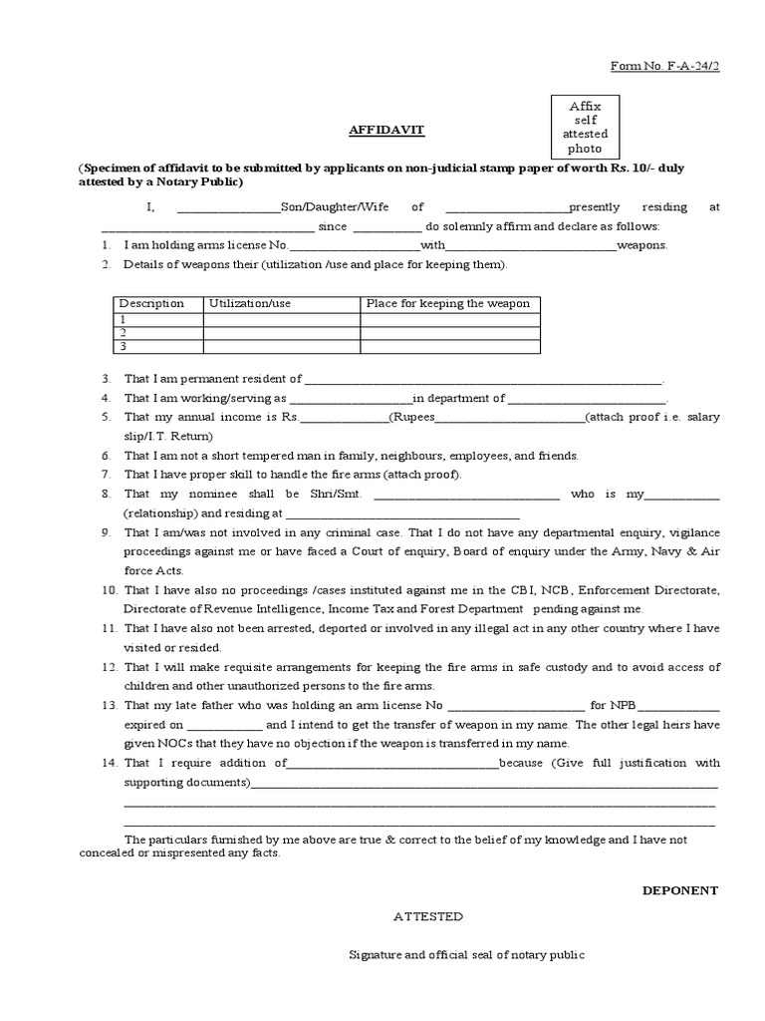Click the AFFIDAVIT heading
[379, 130]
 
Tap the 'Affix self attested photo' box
[585, 127]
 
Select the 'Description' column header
[151, 303]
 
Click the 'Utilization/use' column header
[250, 303]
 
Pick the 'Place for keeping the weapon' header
[448, 303]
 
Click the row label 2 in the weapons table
[123, 332]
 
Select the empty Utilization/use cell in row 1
[281, 319]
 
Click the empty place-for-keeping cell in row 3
[450, 346]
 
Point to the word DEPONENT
[679, 889]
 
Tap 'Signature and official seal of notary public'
[465, 954]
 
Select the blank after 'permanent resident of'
[483, 380]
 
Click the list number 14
[110, 763]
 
